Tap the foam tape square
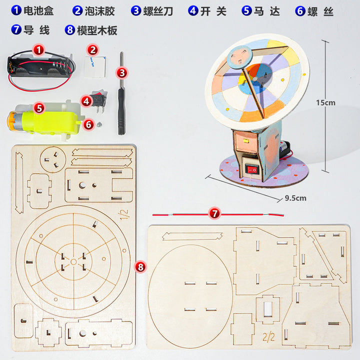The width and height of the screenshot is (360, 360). click(x=95, y=66)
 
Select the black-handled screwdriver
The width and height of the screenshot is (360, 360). click(x=121, y=94)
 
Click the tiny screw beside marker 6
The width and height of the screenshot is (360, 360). click(x=99, y=124)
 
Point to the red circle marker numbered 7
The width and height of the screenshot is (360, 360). click(x=214, y=213)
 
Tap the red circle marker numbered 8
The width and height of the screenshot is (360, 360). click(x=140, y=267)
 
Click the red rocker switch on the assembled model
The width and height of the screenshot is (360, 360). click(x=252, y=170)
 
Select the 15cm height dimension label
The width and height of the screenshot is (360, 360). click(x=325, y=102)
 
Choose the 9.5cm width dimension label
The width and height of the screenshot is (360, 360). click(x=295, y=198)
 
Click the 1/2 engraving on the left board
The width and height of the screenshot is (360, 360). click(x=123, y=214)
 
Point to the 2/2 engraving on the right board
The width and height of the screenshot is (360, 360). click(x=269, y=337)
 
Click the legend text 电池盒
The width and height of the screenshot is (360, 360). click(x=38, y=11)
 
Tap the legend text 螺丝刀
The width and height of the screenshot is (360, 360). click(x=158, y=11)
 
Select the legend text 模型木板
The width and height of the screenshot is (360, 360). click(x=97, y=30)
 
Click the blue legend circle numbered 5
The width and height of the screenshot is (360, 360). click(x=246, y=10)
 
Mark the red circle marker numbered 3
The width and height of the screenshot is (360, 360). click(x=122, y=73)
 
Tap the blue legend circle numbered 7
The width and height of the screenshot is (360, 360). click(x=16, y=30)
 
